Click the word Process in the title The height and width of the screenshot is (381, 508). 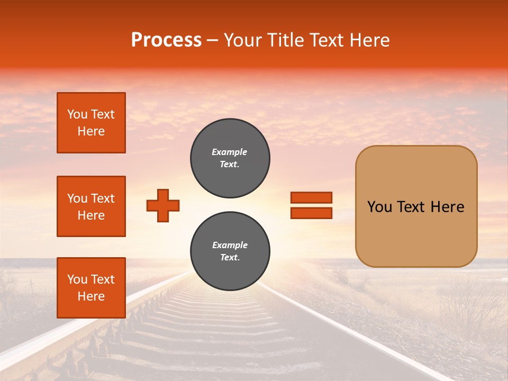(166, 40)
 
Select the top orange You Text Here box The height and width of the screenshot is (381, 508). (91, 123)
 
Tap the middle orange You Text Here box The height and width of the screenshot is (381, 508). (91, 206)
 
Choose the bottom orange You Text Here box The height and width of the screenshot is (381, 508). (91, 288)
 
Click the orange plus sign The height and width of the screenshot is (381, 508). (163, 205)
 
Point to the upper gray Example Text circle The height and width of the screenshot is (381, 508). (230, 158)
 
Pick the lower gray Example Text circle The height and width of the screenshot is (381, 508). (230, 251)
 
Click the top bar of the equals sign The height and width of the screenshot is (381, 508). (311, 198)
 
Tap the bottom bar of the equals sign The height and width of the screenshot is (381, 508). (311, 213)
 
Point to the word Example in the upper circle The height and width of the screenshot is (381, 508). (230, 152)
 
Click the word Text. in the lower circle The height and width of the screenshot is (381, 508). (230, 258)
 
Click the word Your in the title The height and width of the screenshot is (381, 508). (242, 40)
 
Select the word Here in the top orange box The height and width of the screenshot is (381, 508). (91, 131)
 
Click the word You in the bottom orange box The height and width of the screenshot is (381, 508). (77, 279)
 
